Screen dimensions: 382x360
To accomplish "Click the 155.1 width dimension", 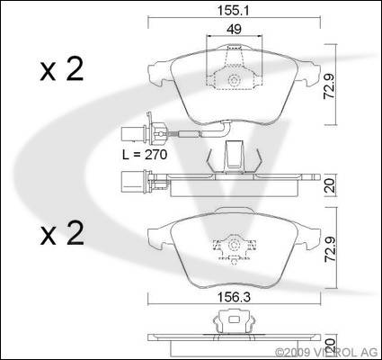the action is pos(233,11).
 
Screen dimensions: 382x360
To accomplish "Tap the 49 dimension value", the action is pos(235,29).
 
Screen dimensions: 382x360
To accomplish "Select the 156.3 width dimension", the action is pos(234,298).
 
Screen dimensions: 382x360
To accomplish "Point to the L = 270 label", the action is pos(145,155).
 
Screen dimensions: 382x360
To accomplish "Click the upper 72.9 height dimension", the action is pos(330,85).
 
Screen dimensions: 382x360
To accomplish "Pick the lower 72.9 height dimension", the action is pos(331,249).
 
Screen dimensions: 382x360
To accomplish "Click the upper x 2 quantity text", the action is pos(62,69).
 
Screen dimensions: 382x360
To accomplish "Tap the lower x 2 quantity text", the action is pos(62,233).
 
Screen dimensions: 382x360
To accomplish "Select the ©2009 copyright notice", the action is pos(328,351).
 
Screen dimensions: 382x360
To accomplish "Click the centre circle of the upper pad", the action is pos(234,80).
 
